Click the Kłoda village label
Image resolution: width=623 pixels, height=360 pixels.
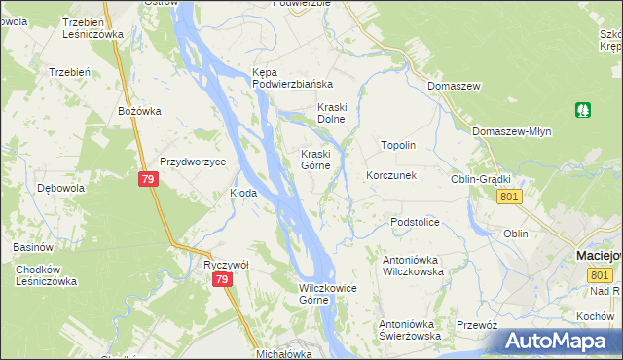pyautogui.click(x=243, y=193)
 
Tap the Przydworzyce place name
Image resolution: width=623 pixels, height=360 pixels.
pyautogui.click(x=193, y=162)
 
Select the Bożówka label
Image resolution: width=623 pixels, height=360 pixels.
pyautogui.click(x=138, y=111)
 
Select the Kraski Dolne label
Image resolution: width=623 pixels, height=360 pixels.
pyautogui.click(x=333, y=113)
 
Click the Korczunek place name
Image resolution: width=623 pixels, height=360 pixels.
pyautogui.click(x=391, y=176)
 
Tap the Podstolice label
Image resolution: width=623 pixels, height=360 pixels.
pyautogui.click(x=416, y=222)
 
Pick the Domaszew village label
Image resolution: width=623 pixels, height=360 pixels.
pyautogui.click(x=455, y=87)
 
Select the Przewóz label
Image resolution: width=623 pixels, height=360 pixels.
pyautogui.click(x=477, y=326)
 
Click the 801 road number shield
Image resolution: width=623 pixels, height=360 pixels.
pyautogui.click(x=509, y=197)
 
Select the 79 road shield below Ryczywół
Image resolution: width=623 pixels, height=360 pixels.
pyautogui.click(x=223, y=280)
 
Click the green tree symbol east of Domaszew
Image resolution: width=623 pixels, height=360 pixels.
pyautogui.click(x=583, y=110)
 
